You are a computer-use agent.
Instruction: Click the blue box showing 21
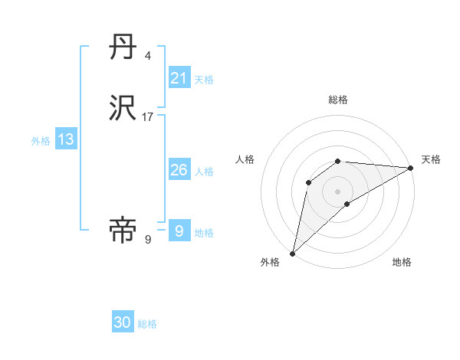point(179,78)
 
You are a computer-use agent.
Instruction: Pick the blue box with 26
point(179,170)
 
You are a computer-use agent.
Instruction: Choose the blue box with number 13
point(66,139)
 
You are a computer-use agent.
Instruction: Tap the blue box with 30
point(123,322)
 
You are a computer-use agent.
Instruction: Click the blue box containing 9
point(179,231)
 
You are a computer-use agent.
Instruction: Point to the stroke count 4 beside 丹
point(148,56)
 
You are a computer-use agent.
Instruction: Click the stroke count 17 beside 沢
point(148,117)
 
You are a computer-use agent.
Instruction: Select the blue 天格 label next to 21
point(204,80)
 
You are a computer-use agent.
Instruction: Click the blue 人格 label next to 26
point(204,172)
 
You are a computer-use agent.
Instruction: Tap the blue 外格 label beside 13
point(41,141)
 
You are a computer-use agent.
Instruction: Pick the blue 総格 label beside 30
point(147,324)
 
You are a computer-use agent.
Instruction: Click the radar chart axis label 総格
point(338,100)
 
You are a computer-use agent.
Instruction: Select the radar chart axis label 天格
point(431,159)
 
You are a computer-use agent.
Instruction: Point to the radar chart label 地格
point(402,262)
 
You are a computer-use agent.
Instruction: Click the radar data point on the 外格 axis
point(292,254)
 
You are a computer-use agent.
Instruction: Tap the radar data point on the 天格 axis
point(411,168)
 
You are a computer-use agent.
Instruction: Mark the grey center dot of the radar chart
point(338,191)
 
